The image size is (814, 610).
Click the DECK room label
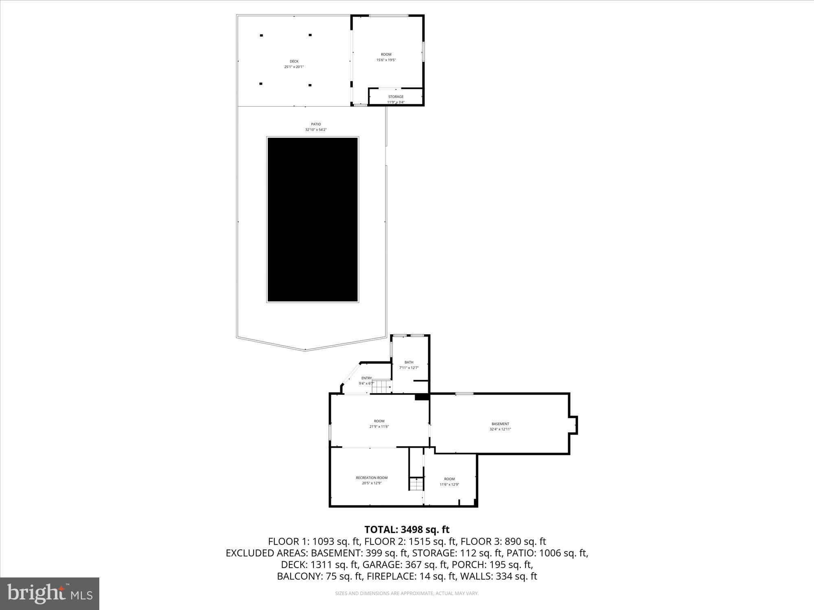[x=294, y=61]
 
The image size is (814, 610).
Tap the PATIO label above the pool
[x=316, y=124]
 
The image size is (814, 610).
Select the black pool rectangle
[x=312, y=220]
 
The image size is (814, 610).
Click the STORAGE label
[x=396, y=97]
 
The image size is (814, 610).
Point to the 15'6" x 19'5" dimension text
[x=386, y=60]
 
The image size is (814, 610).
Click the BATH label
[x=409, y=362]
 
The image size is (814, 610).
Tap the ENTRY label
[x=366, y=378]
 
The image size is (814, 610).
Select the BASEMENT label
[x=500, y=424]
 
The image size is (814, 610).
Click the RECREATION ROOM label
[x=372, y=478]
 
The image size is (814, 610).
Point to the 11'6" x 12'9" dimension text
[x=449, y=484]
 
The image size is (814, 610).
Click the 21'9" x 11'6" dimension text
[x=379, y=427]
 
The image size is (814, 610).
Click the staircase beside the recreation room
[x=416, y=484]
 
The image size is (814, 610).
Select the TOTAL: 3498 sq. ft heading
[x=407, y=529]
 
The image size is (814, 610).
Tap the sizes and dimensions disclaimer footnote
[x=407, y=593]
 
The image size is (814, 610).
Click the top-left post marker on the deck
[x=261, y=35]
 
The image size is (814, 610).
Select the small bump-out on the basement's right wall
[x=573, y=425]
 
